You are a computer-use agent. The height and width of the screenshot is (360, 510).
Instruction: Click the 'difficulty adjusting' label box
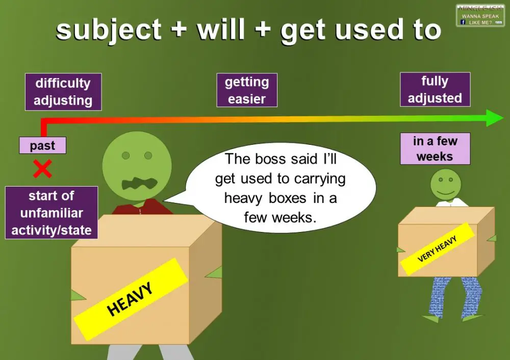(x=63, y=92)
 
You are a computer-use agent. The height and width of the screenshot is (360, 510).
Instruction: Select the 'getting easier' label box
(x=247, y=90)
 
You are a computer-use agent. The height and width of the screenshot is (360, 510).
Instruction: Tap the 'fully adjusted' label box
(x=435, y=89)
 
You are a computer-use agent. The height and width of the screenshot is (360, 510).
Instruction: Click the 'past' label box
(x=42, y=146)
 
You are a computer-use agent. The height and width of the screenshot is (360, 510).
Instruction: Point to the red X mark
(x=42, y=169)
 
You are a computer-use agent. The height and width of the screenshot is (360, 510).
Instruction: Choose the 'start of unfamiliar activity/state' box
(x=51, y=213)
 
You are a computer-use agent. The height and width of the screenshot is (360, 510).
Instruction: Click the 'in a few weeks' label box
(x=435, y=149)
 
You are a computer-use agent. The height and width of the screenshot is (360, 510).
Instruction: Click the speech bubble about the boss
(x=280, y=188)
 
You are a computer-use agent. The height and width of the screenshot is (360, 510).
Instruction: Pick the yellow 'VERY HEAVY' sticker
(x=438, y=248)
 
